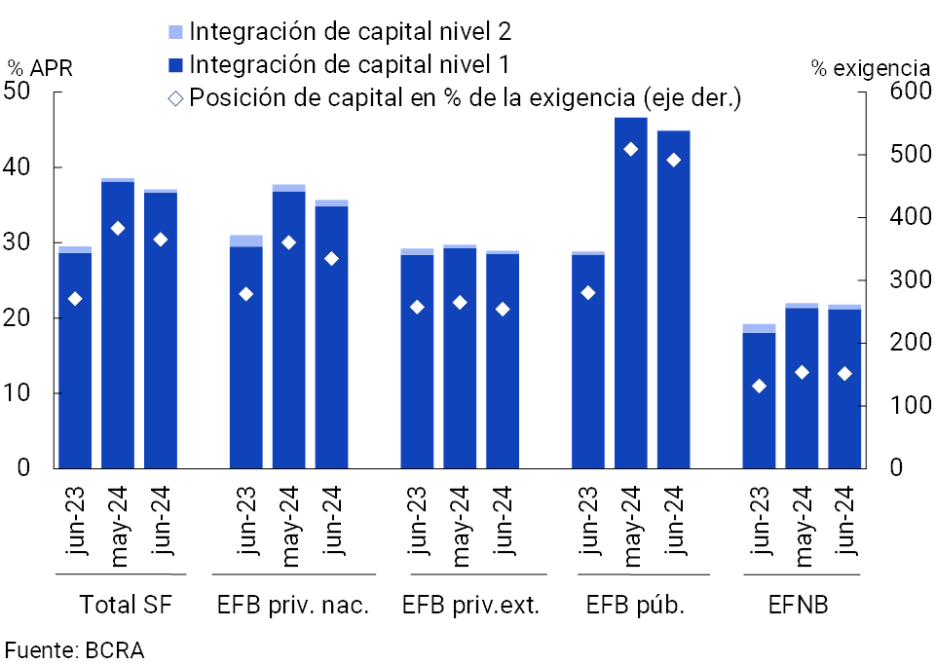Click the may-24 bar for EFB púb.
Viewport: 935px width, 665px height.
(x=631, y=292)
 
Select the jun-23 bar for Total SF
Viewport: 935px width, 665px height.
(x=75, y=360)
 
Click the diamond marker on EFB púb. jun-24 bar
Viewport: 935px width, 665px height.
(x=674, y=161)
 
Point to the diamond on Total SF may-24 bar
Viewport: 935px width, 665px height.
(x=118, y=229)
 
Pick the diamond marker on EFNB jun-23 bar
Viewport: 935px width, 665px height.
(x=760, y=387)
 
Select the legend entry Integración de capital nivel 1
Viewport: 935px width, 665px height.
(x=350, y=65)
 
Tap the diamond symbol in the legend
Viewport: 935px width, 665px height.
(x=175, y=98)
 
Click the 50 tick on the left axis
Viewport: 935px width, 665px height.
(x=18, y=92)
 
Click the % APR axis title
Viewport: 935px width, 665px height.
(x=40, y=68)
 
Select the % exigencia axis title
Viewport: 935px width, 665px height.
(x=869, y=68)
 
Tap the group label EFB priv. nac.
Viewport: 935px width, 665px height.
(x=292, y=606)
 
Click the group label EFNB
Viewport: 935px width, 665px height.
(x=799, y=606)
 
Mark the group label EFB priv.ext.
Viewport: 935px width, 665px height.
(x=471, y=606)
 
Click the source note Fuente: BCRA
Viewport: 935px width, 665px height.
(x=75, y=650)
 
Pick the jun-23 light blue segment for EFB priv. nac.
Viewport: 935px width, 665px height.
(x=245, y=240)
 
